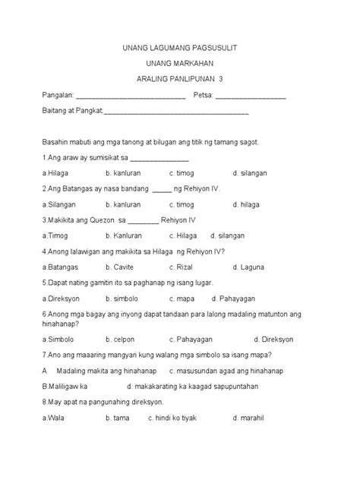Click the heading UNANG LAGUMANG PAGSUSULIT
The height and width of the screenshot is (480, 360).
(180, 48)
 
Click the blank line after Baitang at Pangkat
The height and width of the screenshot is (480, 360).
(175, 112)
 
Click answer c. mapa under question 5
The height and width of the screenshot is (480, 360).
(182, 298)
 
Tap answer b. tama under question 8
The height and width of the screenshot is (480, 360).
(118, 418)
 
